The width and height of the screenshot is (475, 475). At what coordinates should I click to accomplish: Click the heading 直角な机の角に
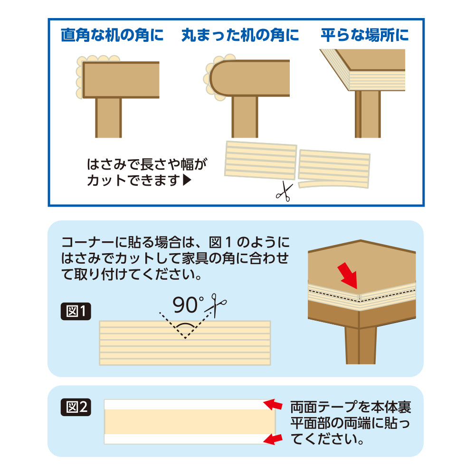click(112, 36)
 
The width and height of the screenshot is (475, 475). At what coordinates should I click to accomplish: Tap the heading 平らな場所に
click(365, 36)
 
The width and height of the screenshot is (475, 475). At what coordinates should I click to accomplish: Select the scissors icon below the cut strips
click(284, 192)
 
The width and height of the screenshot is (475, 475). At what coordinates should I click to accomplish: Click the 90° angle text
click(188, 305)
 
